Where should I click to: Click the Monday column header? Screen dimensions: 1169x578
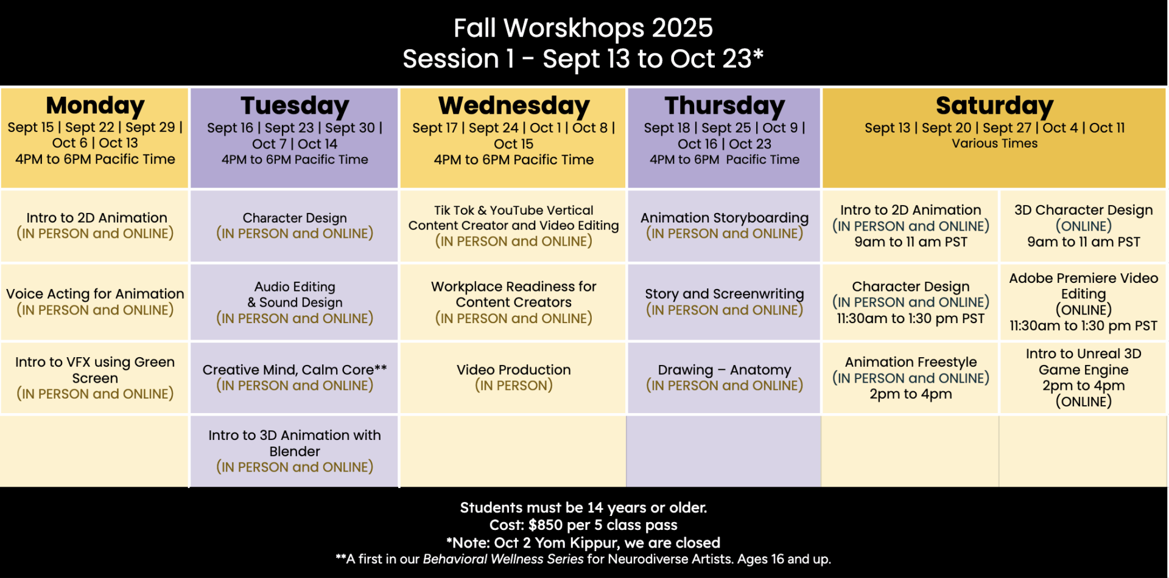pyautogui.click(x=94, y=138)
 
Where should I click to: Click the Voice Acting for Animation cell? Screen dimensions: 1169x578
pyautogui.click(x=94, y=302)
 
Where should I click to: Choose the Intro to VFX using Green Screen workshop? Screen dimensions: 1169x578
pyautogui.click(x=94, y=378)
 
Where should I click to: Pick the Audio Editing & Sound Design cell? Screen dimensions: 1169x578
pyautogui.click(x=295, y=302)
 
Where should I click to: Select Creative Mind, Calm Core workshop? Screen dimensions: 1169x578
pyautogui.click(x=295, y=378)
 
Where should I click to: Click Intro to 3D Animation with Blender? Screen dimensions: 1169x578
pyautogui.click(x=295, y=451)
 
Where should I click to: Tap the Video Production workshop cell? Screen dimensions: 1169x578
pyautogui.click(x=513, y=378)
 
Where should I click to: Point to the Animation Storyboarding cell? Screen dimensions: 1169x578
pyautogui.click(x=725, y=226)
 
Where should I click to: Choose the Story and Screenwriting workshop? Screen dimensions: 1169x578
pyautogui.click(x=725, y=302)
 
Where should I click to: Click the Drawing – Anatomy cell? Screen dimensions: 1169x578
pyautogui.click(x=725, y=378)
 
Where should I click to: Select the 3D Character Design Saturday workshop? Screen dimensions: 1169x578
pyautogui.click(x=1083, y=226)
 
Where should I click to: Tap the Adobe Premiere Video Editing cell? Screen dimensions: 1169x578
pyautogui.click(x=1083, y=302)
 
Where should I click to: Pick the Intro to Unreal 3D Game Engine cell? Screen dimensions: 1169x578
pyautogui.click(x=1083, y=378)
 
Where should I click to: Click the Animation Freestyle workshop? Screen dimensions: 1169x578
pyautogui.click(x=910, y=378)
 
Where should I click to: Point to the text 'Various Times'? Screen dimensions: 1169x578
pyautogui.click(x=995, y=144)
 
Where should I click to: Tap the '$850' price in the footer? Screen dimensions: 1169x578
pyautogui.click(x=546, y=525)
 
